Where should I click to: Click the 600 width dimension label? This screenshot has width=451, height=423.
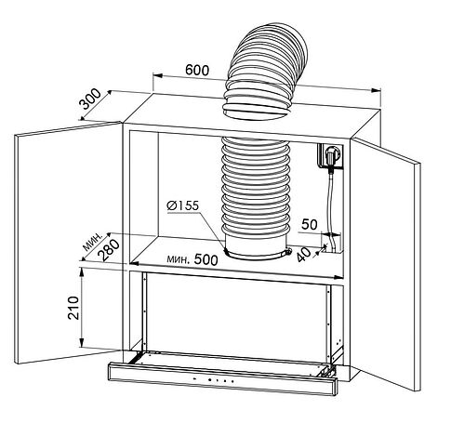[197, 71]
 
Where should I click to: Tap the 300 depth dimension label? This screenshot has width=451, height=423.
[90, 99]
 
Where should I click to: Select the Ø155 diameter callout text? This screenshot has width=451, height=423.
[182, 205]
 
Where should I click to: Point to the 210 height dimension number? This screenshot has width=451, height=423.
[73, 308]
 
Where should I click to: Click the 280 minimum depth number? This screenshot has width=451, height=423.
[109, 250]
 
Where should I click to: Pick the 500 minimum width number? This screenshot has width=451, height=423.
[206, 259]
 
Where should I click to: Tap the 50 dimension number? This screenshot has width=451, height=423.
[310, 224]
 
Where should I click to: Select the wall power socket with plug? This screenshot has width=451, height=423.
[330, 156]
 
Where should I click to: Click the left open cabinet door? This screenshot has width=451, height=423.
[69, 243]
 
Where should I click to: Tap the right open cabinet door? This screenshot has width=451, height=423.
[385, 263]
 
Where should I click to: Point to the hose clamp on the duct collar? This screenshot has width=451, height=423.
[259, 254]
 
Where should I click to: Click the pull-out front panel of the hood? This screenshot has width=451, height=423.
[222, 379]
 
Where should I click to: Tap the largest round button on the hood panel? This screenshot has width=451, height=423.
[210, 379]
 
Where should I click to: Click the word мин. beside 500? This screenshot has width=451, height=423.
[178, 258]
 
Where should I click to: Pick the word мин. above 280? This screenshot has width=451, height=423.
[93, 242]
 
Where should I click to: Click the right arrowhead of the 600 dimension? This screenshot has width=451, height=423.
[376, 90]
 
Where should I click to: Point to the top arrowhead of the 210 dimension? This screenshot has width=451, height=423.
[82, 271]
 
